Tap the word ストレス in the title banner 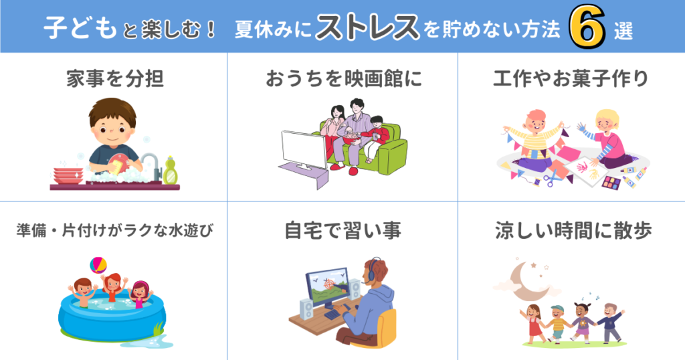(367, 27)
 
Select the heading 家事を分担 (115, 79)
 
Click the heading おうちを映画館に (344, 79)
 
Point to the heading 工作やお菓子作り (571, 79)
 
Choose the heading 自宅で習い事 (343, 231)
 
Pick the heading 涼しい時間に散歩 (573, 231)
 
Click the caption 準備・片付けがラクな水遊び (115, 230)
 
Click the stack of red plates (68, 175)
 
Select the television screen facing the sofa (304, 149)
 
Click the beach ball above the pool (98, 265)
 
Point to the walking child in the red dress (532, 323)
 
